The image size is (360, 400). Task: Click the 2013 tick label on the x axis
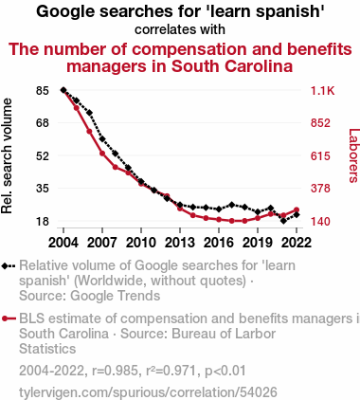(180, 243)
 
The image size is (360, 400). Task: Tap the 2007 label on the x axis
(102, 243)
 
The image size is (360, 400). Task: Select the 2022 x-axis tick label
(297, 243)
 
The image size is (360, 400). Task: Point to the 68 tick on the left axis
(43, 123)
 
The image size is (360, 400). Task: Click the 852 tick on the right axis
(320, 123)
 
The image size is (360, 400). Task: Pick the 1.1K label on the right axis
(322, 91)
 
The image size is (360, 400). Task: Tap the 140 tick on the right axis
(320, 221)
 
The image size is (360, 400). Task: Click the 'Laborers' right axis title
(354, 155)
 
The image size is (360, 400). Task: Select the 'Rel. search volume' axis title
(7, 155)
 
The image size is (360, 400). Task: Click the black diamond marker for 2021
(283, 221)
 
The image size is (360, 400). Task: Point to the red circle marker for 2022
(297, 209)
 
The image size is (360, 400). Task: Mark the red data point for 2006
(89, 131)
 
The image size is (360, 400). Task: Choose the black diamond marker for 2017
(232, 205)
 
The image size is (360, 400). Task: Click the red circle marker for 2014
(193, 215)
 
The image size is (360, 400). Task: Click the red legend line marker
(9, 318)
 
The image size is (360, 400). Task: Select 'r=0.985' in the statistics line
(115, 371)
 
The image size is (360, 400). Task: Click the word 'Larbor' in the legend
(256, 334)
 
